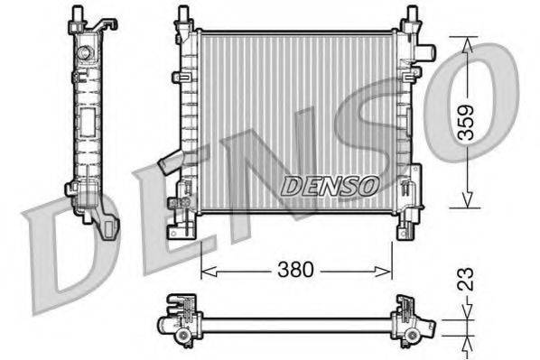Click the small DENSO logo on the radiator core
pyautogui.click(x=330, y=185)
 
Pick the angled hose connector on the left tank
pyautogui.click(x=170, y=164)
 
